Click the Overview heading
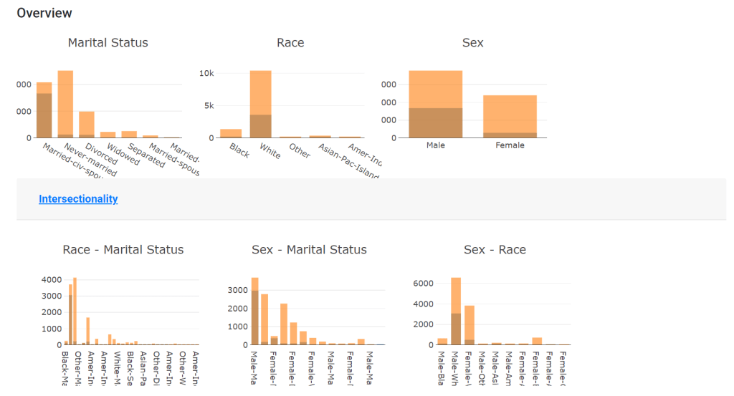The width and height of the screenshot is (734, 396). click(x=44, y=13)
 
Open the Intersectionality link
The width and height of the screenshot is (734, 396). click(x=78, y=199)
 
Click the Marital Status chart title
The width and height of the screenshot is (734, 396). click(x=108, y=43)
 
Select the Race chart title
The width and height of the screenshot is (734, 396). click(x=290, y=43)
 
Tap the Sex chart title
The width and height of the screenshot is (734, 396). click(x=472, y=43)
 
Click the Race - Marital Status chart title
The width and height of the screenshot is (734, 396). click(x=123, y=250)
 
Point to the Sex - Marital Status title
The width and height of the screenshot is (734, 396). click(x=309, y=250)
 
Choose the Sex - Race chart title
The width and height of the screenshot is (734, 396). click(x=495, y=250)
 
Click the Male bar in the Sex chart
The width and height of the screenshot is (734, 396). click(x=435, y=104)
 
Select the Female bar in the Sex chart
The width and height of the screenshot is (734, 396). click(x=510, y=116)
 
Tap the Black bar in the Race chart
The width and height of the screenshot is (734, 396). click(x=231, y=133)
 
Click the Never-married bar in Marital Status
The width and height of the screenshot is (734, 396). click(x=65, y=104)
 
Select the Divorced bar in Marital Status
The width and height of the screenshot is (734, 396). click(x=87, y=125)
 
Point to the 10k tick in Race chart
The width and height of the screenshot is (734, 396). click(x=206, y=73)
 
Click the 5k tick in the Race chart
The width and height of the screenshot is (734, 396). click(x=209, y=105)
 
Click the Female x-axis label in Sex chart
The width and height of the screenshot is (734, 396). click(x=510, y=145)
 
